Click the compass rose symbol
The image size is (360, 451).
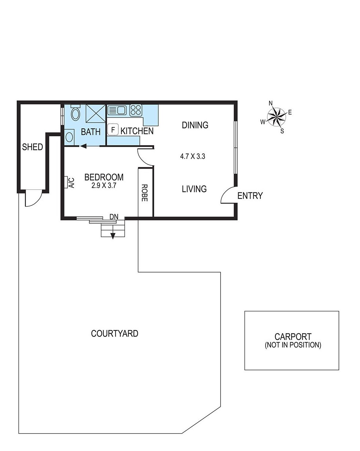point(276,116)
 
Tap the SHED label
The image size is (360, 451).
point(32,147)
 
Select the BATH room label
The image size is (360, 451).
point(91,132)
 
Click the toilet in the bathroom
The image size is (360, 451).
point(75,114)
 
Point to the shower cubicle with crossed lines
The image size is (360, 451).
point(96,113)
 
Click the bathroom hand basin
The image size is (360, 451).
point(69,137)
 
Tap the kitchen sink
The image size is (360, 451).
point(117,110)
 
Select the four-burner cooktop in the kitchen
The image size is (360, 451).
point(135,110)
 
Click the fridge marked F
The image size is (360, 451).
point(113,130)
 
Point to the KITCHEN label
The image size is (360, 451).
point(137,131)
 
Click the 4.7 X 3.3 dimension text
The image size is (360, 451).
point(193,157)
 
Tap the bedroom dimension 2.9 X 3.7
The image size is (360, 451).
point(104,186)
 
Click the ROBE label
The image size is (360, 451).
point(145,193)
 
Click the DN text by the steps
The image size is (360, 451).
point(114,217)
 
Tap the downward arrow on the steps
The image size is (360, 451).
point(113,235)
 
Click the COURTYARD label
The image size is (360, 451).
point(115,333)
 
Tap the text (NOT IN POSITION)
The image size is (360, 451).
point(293,345)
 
